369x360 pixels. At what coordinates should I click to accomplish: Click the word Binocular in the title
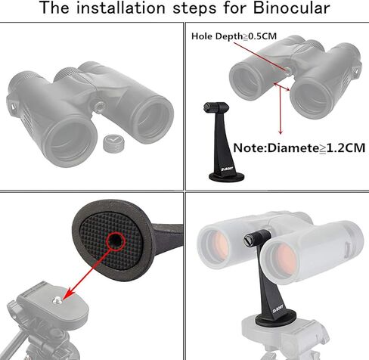(291, 8)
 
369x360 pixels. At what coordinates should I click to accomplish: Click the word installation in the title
(120, 8)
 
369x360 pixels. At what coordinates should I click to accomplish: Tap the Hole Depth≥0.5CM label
(234, 36)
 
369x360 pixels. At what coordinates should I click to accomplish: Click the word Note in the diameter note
(249, 148)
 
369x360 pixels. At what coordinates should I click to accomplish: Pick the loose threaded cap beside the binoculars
(113, 143)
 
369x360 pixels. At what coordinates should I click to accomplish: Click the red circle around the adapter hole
(116, 241)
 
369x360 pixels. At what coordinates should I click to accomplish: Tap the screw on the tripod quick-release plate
(57, 300)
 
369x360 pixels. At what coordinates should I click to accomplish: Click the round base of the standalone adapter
(226, 177)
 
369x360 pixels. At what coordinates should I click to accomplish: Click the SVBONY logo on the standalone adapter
(227, 169)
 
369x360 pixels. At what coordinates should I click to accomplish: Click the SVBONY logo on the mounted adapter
(278, 309)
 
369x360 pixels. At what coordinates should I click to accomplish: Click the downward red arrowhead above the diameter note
(281, 132)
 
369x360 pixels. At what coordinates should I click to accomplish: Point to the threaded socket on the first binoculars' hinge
(100, 107)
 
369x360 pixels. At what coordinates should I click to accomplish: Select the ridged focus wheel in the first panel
(65, 74)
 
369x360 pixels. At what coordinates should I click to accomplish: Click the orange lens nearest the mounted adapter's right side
(284, 260)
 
